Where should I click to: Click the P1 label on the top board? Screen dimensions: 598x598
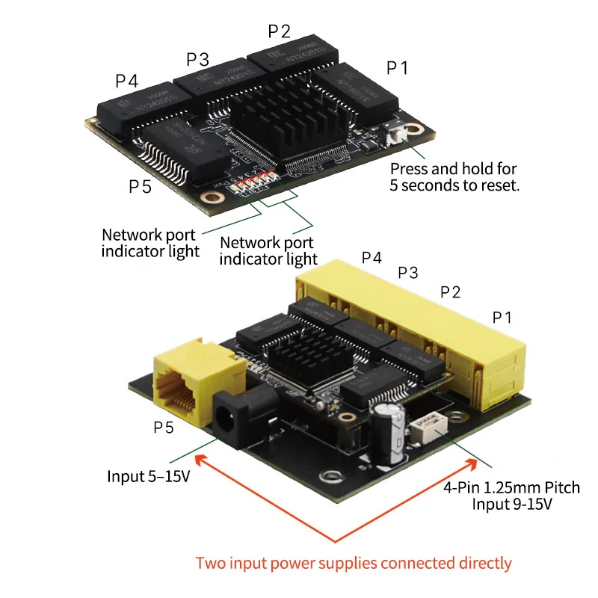[x=397, y=67]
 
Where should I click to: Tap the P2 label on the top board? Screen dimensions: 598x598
[x=279, y=31]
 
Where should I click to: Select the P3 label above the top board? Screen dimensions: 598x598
[x=197, y=58]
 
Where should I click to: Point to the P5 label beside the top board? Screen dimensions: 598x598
[x=140, y=186]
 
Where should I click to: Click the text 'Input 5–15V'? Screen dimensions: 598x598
[x=148, y=476]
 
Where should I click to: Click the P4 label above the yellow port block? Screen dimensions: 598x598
[x=372, y=258]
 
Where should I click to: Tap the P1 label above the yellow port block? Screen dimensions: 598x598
[x=502, y=317]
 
